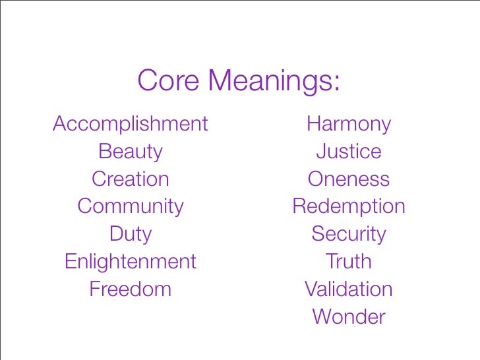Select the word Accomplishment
pos(131,124)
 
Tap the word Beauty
pos(131,152)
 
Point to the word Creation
pos(131,179)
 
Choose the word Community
pos(131,207)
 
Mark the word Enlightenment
pos(131,262)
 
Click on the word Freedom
pos(131,289)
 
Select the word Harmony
pos(349,125)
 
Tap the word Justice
pos(349,152)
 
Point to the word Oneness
pos(349,179)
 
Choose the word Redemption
pos(349,207)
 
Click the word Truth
pos(349,262)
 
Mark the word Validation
pos(349,289)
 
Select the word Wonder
pos(349,317)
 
